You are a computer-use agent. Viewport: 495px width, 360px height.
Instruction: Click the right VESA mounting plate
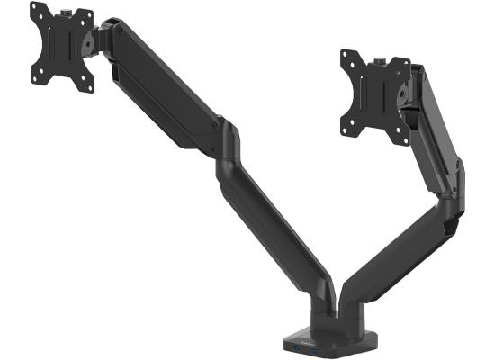pyautogui.click(x=372, y=93)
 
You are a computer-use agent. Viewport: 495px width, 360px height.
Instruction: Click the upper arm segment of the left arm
pyautogui.click(x=166, y=85)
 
